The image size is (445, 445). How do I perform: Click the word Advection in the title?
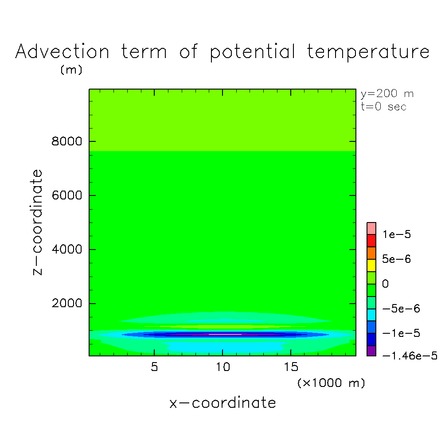[62, 51]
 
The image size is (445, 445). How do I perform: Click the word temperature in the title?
[368, 52]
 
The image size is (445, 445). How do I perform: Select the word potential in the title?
[253, 52]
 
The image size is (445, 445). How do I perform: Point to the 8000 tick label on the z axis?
[66, 141]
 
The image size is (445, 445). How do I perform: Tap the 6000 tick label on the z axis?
[66, 195]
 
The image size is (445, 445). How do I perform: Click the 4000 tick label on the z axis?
[66, 250]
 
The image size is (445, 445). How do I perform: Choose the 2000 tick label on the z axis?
[66, 303]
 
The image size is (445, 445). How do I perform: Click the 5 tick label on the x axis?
[154, 367]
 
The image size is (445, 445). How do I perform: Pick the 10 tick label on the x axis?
[223, 367]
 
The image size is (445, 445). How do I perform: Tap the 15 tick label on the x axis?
[291, 367]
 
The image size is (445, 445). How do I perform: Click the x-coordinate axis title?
[222, 403]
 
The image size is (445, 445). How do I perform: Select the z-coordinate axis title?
[37, 222]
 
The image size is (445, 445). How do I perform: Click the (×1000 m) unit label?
[331, 383]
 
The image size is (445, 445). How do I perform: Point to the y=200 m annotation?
[387, 94]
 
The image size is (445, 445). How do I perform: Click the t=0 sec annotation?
[384, 107]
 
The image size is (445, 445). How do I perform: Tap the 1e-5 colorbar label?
[397, 234]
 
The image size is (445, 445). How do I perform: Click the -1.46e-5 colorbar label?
[410, 355]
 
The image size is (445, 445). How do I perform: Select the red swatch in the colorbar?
[371, 241]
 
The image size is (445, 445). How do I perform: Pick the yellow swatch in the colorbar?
[371, 265]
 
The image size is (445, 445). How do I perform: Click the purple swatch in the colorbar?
[371, 351]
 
